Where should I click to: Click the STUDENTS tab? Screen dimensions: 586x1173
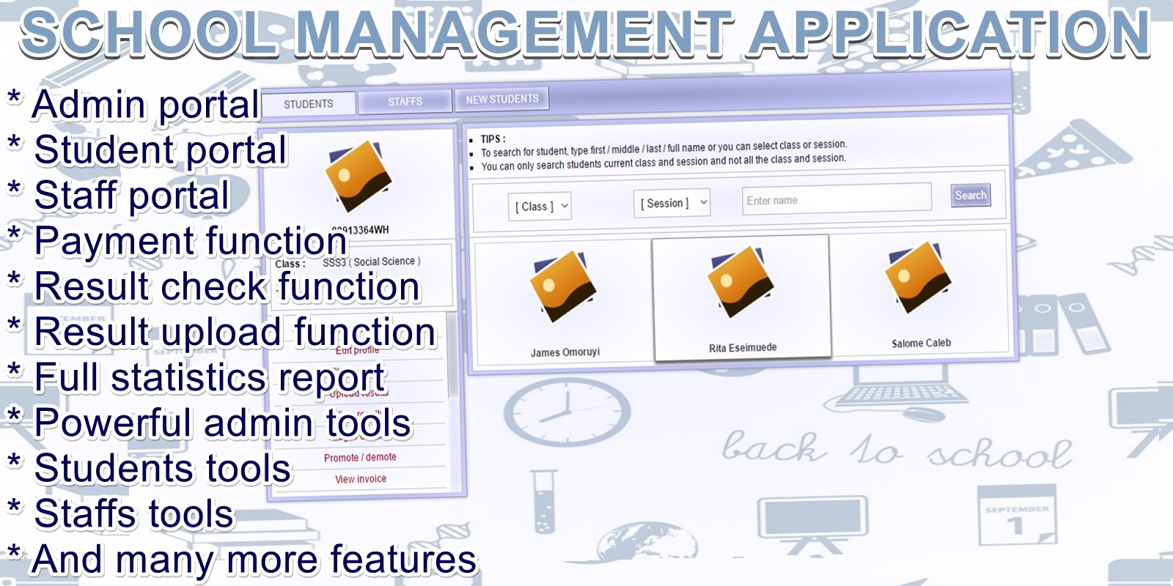pyautogui.click(x=309, y=104)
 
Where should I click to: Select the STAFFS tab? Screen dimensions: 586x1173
pyautogui.click(x=405, y=101)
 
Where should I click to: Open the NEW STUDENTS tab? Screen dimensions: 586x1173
pyautogui.click(x=502, y=99)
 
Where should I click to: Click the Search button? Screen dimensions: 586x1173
pyautogui.click(x=970, y=196)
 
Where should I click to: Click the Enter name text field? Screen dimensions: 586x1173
pyautogui.click(x=836, y=200)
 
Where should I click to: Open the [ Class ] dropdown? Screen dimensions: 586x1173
pyautogui.click(x=539, y=207)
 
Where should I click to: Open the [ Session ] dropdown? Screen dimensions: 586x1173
pyautogui.click(x=672, y=203)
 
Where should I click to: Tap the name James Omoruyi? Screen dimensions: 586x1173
pyautogui.click(x=565, y=352)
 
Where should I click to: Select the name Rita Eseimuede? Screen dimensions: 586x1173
pyautogui.click(x=742, y=348)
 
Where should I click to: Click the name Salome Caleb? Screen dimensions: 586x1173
pyautogui.click(x=921, y=343)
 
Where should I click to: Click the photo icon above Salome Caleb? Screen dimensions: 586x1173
pyautogui.click(x=918, y=277)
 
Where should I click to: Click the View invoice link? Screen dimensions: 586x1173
pyautogui.click(x=361, y=479)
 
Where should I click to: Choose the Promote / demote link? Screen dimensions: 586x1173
pyautogui.click(x=360, y=457)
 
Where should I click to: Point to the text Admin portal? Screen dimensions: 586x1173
pyautogui.click(x=145, y=104)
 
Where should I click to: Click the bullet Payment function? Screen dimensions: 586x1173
pyautogui.click(x=190, y=241)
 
